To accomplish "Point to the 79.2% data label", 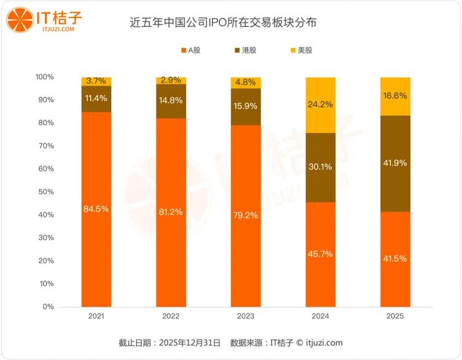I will click(246, 216).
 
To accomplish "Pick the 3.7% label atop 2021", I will click(96, 81).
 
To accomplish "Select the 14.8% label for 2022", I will click(171, 101).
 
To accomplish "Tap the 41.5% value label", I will click(395, 258).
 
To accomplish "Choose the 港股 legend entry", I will click(246, 50).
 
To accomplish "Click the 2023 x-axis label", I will click(246, 316).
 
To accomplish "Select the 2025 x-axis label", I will click(395, 316).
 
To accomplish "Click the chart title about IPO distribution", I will click(232, 23).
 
